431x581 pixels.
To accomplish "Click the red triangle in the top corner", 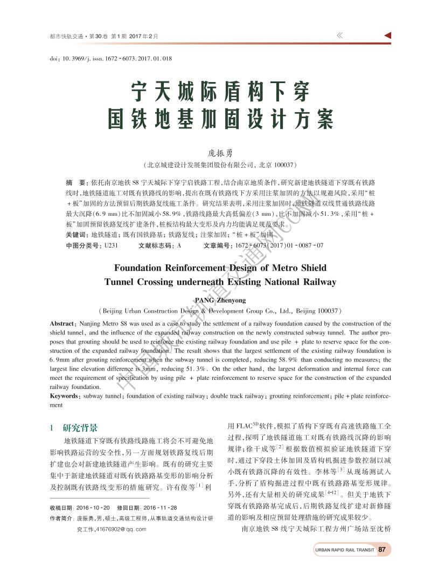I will coord(387,36).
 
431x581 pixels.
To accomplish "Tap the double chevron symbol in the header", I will coord(340,36).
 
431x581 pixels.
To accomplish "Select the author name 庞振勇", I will coord(215,153).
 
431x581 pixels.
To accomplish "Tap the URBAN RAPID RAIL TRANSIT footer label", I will coord(344,550).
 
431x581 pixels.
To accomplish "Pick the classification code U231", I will coord(110,245).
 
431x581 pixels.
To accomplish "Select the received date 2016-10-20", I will coord(93,508).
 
